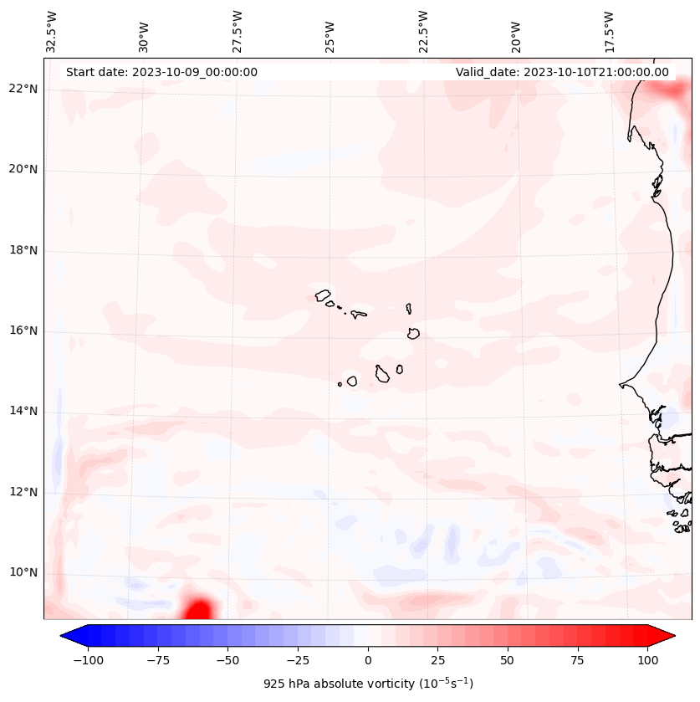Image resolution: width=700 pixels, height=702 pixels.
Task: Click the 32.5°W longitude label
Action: (52, 32)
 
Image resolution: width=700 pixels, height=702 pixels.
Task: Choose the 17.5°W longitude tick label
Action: (609, 32)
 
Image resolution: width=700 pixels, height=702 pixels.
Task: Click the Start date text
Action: (161, 73)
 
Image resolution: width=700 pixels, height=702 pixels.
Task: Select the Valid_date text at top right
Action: (562, 73)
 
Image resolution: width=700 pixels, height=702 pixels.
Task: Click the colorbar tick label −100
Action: (85, 660)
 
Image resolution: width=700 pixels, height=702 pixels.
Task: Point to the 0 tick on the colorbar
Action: (368, 660)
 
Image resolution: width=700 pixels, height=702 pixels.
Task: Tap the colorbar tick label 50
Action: (508, 660)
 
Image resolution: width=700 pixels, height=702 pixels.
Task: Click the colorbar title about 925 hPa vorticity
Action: (368, 684)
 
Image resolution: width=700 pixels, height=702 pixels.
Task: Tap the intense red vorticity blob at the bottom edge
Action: (198, 609)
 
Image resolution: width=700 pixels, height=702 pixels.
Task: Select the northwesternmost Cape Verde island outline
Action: (323, 295)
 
